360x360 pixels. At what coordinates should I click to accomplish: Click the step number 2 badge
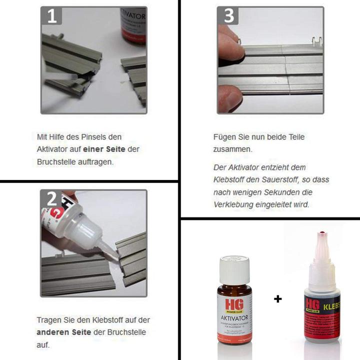pyautogui.click(x=51, y=199)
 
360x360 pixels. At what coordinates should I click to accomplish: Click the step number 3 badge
pyautogui.click(x=228, y=16)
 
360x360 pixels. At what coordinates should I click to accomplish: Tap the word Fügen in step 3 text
pyautogui.click(x=223, y=136)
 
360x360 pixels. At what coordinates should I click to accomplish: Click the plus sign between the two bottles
pyautogui.click(x=277, y=299)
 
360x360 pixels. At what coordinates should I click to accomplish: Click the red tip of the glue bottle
pyautogui.click(x=321, y=232)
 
